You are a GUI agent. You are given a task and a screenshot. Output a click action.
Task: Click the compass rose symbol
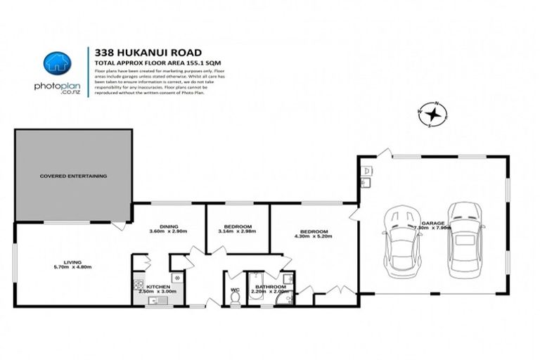(435, 112)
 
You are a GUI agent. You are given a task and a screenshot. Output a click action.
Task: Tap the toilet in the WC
(234, 297)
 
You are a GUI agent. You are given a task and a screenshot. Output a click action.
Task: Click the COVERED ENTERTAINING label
(73, 176)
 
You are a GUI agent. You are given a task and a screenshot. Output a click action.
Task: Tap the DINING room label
(168, 226)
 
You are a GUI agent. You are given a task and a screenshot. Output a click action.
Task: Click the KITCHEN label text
(159, 287)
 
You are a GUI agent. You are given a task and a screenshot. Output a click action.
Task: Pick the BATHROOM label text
(270, 287)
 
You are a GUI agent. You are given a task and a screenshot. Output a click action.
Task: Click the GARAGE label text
(432, 222)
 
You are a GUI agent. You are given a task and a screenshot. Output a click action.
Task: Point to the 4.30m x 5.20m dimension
(314, 237)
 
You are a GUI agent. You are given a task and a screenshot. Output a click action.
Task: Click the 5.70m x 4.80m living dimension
(73, 266)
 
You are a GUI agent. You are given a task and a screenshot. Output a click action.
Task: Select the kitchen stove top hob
(139, 287)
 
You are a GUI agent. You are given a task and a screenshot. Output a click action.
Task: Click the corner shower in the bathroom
(285, 298)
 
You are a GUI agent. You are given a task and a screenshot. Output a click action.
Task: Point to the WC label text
(234, 287)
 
